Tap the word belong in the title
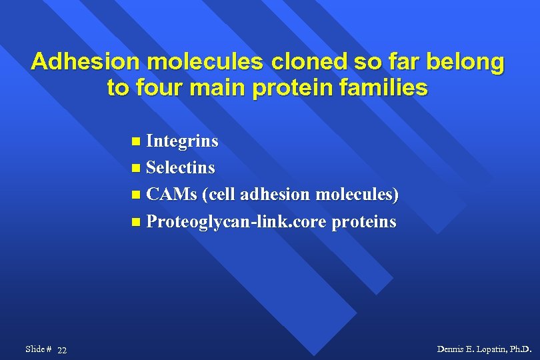tap(468, 62)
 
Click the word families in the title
tap(383, 88)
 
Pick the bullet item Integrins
tap(182, 141)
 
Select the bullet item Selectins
tap(180, 167)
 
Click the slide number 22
tap(61, 351)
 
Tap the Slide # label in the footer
tap(38, 349)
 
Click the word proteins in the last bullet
tap(365, 221)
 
